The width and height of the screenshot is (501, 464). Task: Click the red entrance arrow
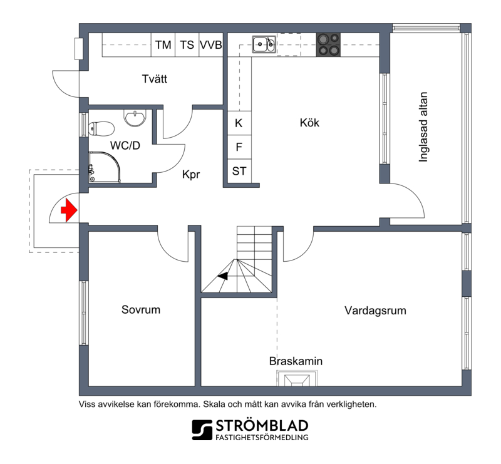[69, 210]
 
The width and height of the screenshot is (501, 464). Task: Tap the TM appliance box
[163, 44]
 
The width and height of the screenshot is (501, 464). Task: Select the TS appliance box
[187, 44]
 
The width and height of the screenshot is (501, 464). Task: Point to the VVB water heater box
[211, 44]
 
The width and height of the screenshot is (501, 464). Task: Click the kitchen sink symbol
[264, 44]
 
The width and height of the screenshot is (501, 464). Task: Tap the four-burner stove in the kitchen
[328, 44]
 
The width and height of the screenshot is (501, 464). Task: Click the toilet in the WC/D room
[101, 129]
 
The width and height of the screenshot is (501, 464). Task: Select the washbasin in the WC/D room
[135, 118]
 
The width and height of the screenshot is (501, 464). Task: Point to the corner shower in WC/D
[105, 167]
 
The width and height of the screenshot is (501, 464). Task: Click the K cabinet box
[239, 123]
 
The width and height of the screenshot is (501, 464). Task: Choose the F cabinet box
[239, 147]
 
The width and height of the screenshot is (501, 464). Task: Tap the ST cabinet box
[239, 171]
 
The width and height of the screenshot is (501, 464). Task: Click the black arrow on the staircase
[223, 276]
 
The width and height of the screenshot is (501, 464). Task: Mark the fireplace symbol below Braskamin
[297, 378]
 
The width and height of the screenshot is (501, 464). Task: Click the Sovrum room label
[141, 310]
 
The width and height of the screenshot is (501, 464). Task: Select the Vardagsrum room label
[375, 311]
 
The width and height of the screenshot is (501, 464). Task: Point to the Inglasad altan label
[423, 127]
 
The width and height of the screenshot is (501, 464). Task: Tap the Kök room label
[309, 122]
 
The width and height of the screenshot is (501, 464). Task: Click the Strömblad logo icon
[202, 430]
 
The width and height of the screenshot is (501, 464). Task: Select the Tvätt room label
[155, 79]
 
